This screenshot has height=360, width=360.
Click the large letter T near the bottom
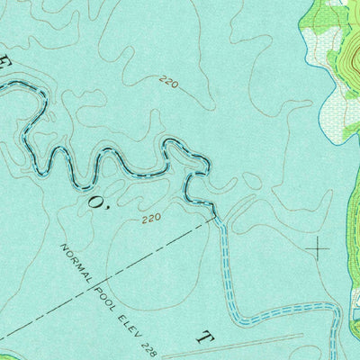tap(206, 339)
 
